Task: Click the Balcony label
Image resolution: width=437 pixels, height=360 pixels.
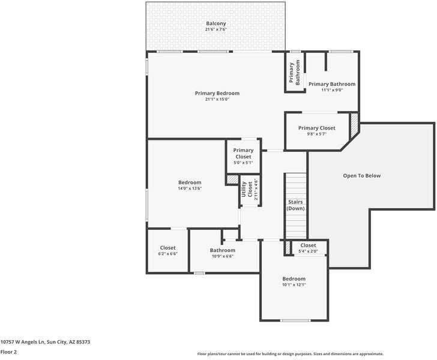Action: tap(215, 23)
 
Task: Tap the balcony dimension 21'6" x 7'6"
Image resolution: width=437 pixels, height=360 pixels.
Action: tap(215, 29)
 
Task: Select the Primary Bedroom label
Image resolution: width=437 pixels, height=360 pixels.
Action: tap(217, 93)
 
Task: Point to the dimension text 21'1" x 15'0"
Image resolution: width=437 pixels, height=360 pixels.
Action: tap(217, 99)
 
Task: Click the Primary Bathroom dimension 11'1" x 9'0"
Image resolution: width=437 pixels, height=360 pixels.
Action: tap(331, 90)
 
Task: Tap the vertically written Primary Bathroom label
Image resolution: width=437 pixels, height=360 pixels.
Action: tap(294, 72)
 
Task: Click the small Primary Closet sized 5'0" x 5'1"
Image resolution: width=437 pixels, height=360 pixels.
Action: tap(243, 154)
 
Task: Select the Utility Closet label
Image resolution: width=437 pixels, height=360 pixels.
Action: tap(245, 189)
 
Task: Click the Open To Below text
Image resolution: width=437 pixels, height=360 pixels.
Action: tap(361, 176)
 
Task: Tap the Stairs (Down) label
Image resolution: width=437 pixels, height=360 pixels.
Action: tap(295, 205)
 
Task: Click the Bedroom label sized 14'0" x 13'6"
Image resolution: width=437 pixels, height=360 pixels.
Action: tap(190, 182)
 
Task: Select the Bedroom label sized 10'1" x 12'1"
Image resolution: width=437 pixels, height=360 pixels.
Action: tap(294, 278)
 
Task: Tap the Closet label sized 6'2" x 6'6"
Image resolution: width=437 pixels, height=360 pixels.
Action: tap(167, 248)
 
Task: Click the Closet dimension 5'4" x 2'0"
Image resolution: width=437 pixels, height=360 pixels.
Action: tap(308, 251)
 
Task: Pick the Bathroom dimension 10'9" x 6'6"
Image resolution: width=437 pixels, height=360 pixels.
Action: tap(222, 256)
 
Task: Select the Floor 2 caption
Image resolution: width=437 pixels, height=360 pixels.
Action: tap(8, 352)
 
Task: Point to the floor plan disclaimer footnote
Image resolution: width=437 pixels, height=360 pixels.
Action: tap(290, 353)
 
